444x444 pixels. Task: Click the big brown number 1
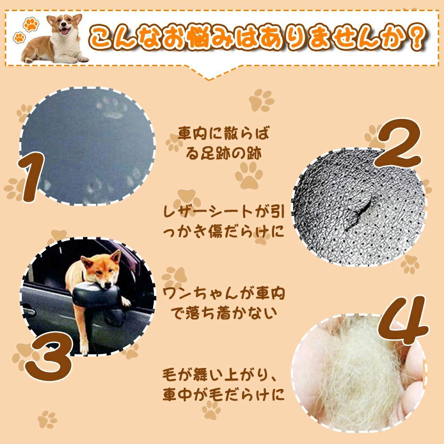[32, 177]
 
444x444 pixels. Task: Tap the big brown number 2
[398, 143]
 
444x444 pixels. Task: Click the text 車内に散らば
[223, 133]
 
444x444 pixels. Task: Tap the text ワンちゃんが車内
[224, 293]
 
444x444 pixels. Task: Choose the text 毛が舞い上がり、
[219, 375]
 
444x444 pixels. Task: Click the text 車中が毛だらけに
[224, 394]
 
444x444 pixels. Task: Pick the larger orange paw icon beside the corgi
[31, 24]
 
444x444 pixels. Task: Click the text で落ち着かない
[223, 313]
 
